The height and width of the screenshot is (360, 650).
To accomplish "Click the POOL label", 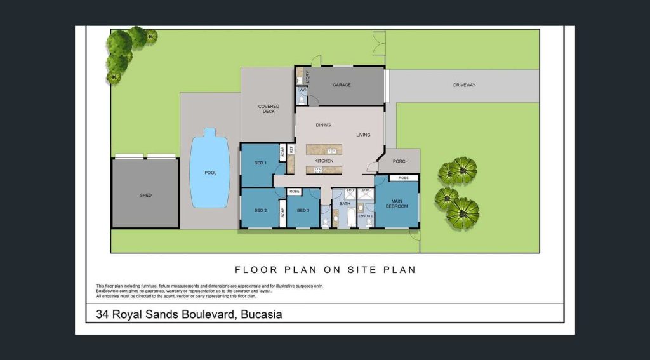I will click(x=210, y=173).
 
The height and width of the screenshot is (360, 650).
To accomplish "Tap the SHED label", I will click(x=145, y=195).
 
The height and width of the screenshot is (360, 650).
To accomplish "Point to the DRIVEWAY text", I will click(x=464, y=85).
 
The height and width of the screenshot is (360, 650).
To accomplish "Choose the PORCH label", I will click(x=401, y=161).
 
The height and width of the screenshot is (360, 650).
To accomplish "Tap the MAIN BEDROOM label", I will click(x=397, y=204).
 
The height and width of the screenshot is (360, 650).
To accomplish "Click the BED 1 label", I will click(x=260, y=163).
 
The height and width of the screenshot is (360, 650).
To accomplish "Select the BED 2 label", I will click(x=260, y=210).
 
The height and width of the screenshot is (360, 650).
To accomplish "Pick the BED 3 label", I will click(x=303, y=210).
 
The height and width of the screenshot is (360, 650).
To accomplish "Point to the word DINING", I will click(x=323, y=125).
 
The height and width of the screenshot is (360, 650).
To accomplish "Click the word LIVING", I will click(x=363, y=135).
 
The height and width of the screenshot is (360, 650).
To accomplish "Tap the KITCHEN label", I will click(x=324, y=161).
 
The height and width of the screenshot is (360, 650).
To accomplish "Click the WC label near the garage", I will click(x=303, y=91).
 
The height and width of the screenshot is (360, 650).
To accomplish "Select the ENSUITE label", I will click(x=366, y=216).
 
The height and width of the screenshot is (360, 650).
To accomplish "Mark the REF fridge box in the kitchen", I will click(x=291, y=150).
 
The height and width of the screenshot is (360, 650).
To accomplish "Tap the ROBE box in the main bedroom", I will click(x=404, y=178).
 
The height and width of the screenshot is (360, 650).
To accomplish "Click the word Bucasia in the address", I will click(x=258, y=314).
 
